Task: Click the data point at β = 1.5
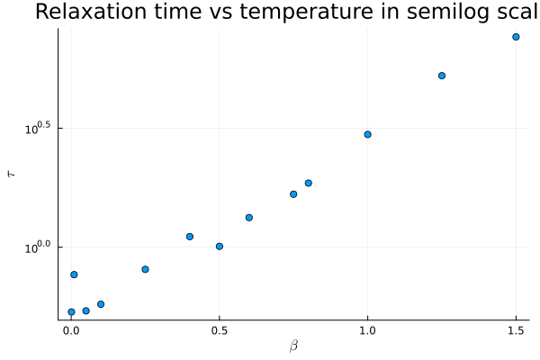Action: click(516, 37)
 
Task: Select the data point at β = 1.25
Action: click(442, 76)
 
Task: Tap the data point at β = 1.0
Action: click(367, 134)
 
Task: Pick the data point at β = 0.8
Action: click(308, 183)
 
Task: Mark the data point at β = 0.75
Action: click(293, 194)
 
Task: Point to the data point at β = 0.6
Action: click(248, 218)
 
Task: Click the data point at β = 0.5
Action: click(219, 247)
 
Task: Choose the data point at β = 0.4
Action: click(190, 237)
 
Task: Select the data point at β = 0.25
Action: click(145, 269)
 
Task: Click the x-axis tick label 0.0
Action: click(71, 330)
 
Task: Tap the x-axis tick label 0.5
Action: click(219, 330)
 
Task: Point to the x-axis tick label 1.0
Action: click(367, 330)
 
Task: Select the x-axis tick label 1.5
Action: click(516, 330)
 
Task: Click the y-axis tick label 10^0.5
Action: click(39, 130)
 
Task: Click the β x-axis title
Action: click(293, 346)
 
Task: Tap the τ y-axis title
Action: click(12, 174)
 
